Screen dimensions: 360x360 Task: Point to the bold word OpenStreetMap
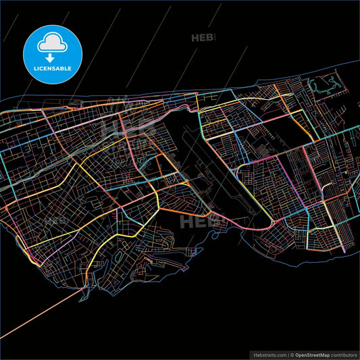[x=311, y=354]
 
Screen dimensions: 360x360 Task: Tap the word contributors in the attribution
[x=341, y=354]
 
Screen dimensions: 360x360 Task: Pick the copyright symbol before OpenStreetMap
[x=291, y=354]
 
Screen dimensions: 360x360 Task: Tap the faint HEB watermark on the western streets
[x=53, y=220]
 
